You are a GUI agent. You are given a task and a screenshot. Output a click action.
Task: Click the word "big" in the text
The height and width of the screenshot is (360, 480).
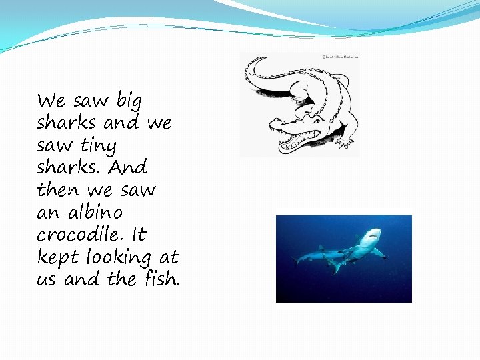pos(129,101)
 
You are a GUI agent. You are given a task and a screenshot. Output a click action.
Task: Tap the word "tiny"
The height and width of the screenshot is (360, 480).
pos(98,146)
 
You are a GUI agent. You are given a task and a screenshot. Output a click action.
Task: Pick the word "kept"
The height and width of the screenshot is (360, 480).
pos(57,257)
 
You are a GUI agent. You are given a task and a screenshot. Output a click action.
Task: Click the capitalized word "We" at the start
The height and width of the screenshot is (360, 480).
pos(51,101)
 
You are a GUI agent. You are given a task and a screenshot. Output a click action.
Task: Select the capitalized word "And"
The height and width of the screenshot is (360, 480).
pos(129,167)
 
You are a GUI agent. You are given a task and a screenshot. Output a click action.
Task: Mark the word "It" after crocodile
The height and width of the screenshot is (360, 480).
pos(139,235)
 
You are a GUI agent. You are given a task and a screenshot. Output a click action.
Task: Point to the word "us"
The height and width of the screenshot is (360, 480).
pos(47,279)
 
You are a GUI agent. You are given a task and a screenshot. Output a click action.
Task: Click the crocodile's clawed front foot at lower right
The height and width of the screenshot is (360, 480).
pos(346,142)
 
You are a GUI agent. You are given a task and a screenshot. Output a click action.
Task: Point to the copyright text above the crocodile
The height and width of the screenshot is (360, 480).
pos(340,57)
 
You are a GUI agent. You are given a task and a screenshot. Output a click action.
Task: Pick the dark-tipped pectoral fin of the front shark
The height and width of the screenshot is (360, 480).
pos(379,254)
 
